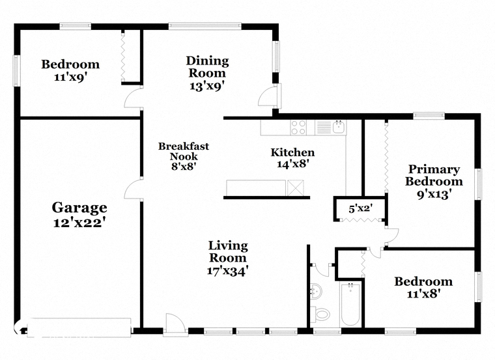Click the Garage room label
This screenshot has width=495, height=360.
tap(79, 208)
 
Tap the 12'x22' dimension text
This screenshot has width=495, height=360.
tap(79, 223)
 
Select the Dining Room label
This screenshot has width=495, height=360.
tap(207, 67)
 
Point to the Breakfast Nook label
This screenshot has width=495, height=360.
tap(184, 151)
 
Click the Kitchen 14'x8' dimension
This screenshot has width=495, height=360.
tap(292, 164)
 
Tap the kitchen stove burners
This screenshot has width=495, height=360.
tap(298, 128)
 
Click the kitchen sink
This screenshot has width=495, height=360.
tap(339, 127)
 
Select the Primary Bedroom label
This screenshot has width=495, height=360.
tap(434, 175)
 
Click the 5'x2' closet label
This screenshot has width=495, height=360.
tap(361, 208)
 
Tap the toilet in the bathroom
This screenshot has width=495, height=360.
tap(320, 314)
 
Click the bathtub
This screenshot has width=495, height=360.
tap(350, 304)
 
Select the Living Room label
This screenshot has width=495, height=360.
tap(228, 251)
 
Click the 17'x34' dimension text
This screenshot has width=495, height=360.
tap(226, 271)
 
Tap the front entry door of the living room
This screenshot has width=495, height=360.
tap(175, 322)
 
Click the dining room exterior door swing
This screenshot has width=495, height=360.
tap(268, 96)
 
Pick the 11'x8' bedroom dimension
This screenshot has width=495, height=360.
tap(423, 294)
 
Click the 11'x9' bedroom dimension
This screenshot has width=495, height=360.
tap(70, 77)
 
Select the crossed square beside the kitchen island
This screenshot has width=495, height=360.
tap(295, 188)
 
